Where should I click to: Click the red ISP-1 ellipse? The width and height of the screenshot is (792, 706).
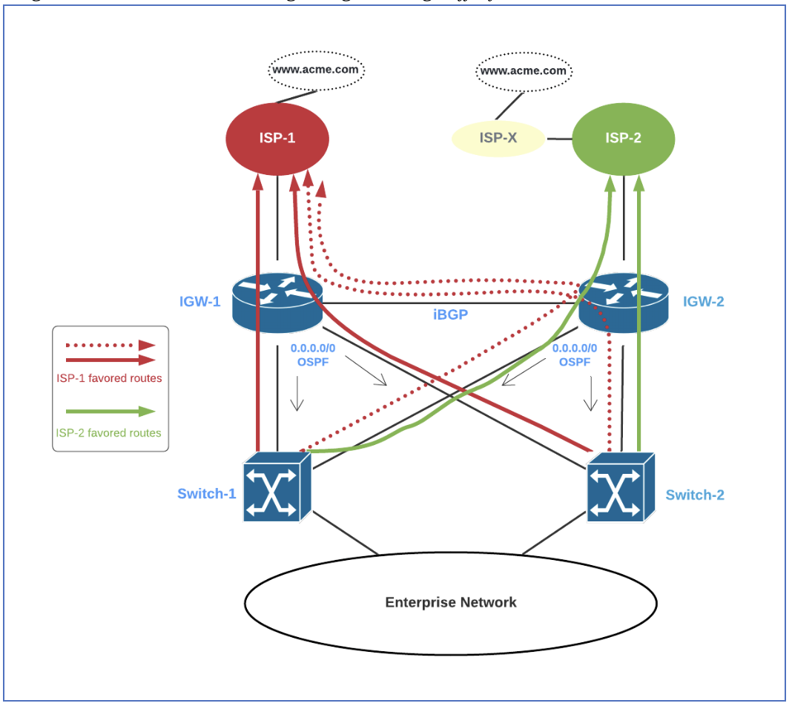(277, 138)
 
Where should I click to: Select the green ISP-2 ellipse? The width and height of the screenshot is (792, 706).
(623, 138)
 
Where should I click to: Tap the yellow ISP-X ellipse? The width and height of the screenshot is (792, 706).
(498, 139)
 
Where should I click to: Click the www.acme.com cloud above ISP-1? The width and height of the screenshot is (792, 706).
(317, 70)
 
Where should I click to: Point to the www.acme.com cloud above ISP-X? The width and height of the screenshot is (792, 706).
(524, 71)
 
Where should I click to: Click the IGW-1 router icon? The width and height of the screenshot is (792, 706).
(277, 302)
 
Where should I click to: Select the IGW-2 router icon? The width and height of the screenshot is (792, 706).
(623, 302)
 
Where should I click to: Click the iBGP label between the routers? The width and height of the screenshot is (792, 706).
(450, 314)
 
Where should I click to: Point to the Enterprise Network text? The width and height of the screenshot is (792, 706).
(450, 602)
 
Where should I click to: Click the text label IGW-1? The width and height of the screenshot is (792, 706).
(199, 301)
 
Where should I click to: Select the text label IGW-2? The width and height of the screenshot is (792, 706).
(704, 301)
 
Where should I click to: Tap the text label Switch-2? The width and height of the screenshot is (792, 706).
(695, 495)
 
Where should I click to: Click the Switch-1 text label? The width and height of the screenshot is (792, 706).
(206, 493)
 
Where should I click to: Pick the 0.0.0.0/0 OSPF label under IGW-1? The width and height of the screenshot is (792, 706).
(312, 354)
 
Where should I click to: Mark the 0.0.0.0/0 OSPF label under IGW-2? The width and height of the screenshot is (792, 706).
(574, 354)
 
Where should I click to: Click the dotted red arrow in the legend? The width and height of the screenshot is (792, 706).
(110, 345)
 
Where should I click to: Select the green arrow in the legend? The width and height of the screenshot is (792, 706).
(110, 412)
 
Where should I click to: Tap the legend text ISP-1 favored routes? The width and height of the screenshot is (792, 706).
(109, 378)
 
